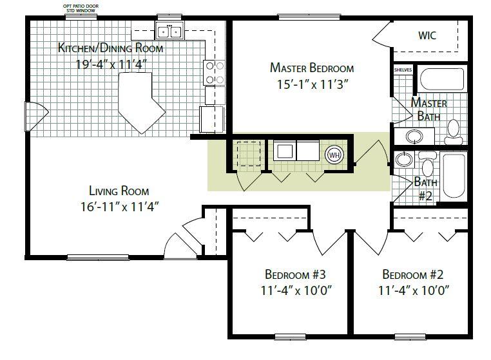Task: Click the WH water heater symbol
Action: pyautogui.click(x=334, y=155)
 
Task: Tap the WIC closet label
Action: pyautogui.click(x=427, y=35)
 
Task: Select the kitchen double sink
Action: pyautogui.click(x=169, y=32)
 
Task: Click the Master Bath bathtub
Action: pyautogui.click(x=441, y=79)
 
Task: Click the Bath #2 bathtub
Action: pyautogui.click(x=454, y=176)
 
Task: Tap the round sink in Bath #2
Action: pyautogui.click(x=404, y=160)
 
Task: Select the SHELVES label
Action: pyautogui.click(x=403, y=70)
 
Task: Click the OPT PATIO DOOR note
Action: pyautogui.click(x=81, y=6)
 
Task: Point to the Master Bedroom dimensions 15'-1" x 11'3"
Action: pyautogui.click(x=313, y=84)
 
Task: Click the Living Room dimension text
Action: pyautogui.click(x=120, y=207)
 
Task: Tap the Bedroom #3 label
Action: pyautogui.click(x=295, y=274)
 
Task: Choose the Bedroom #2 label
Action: pyautogui.click(x=413, y=274)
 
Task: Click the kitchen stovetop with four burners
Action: pyautogui.click(x=214, y=73)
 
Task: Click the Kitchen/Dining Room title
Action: pyautogui.click(x=111, y=48)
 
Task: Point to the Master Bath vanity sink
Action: pyautogui.click(x=414, y=136)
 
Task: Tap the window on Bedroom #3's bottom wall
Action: pyautogui.click(x=290, y=337)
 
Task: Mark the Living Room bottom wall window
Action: pyautogui.click(x=98, y=258)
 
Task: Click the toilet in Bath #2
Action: pyautogui.click(x=427, y=165)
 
